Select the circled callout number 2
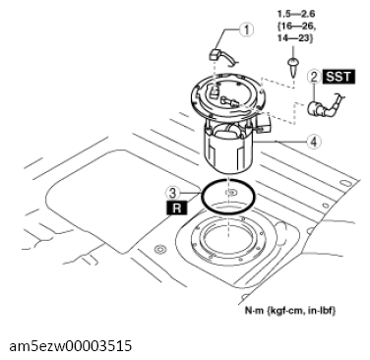[312, 76]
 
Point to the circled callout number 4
[313, 141]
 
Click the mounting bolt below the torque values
[294, 64]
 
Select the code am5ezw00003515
[70, 347]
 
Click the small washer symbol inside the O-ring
[229, 192]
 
